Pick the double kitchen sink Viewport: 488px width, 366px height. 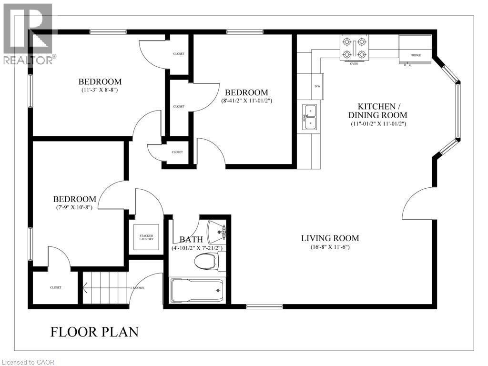tap(309, 117)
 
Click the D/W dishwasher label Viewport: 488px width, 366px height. tap(317, 86)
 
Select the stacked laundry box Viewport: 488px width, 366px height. tap(146, 236)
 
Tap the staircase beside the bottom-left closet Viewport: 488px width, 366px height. tap(105, 287)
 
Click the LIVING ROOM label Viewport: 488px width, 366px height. tap(330, 238)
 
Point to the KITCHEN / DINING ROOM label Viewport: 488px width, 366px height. tap(377, 111)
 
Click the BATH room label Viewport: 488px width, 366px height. tap(191, 239)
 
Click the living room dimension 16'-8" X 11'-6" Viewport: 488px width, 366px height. tap(330, 247)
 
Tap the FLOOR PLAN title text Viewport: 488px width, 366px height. tap(94, 332)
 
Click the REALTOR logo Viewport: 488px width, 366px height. tap(29, 33)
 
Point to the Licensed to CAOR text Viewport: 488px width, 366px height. tap(28, 362)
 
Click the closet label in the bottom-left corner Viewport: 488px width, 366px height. tap(55, 287)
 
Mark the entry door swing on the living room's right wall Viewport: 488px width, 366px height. tap(418, 203)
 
